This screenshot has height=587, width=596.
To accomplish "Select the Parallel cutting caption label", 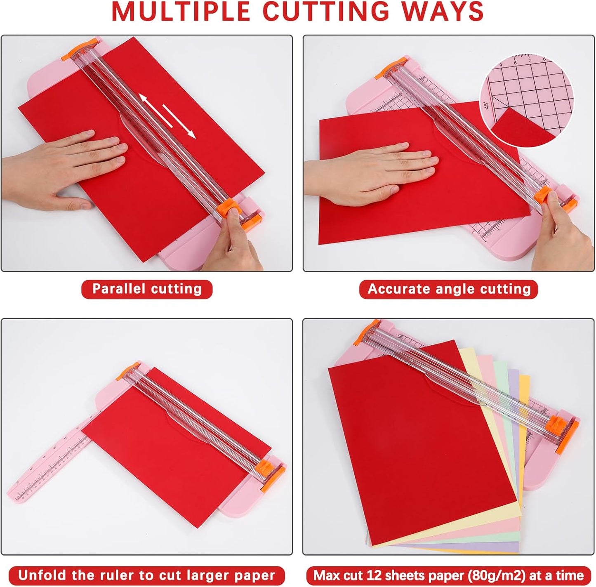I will [x=147, y=289].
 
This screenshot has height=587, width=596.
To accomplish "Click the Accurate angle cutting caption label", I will [x=449, y=289].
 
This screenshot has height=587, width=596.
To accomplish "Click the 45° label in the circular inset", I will [x=487, y=106].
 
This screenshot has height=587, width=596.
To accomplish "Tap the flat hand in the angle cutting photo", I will [x=371, y=169].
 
